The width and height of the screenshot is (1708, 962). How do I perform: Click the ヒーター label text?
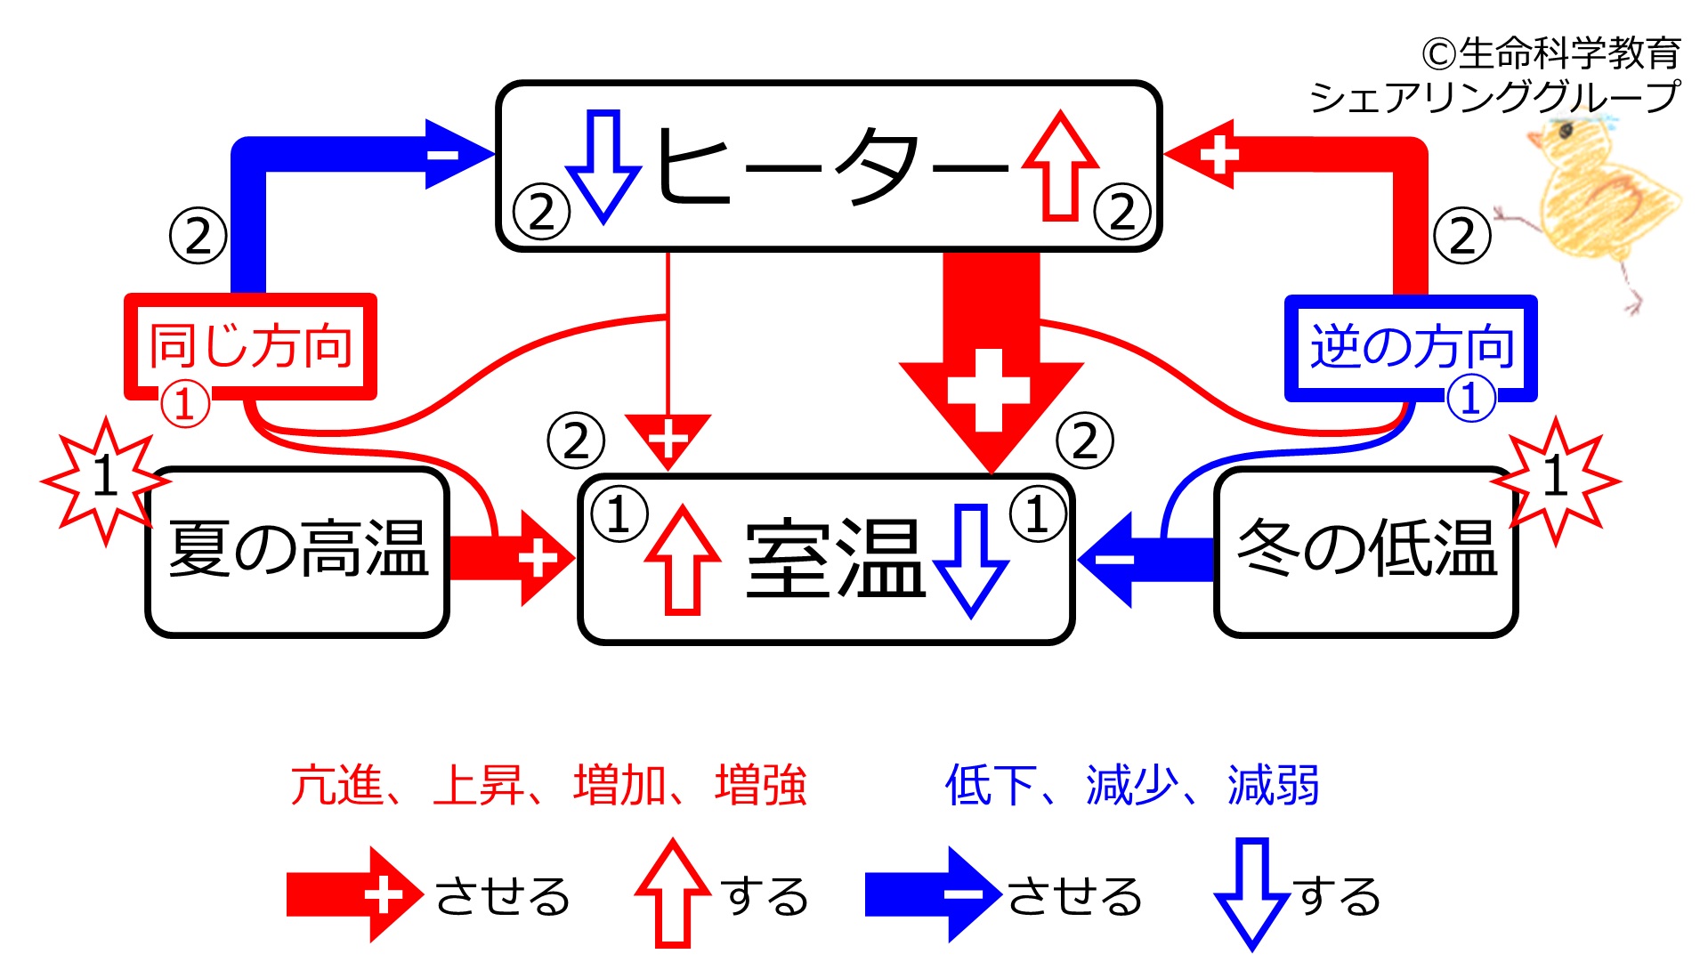click(x=832, y=167)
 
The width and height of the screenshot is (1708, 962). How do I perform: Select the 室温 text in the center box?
click(x=835, y=557)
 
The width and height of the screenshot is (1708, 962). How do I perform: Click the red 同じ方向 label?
click(x=251, y=346)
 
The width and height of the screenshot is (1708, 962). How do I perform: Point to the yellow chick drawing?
click(x=1593, y=209)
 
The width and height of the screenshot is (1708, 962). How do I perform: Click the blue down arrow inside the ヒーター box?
click(x=603, y=166)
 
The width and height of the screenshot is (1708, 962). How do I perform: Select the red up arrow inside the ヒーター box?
click(x=1060, y=166)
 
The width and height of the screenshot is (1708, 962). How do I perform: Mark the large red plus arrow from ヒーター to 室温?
click(x=992, y=363)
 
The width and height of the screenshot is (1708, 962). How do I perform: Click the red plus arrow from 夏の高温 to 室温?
click(x=512, y=559)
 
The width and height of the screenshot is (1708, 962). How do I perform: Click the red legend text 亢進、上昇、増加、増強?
click(x=548, y=785)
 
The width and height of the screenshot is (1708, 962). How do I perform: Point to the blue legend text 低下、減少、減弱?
click(x=1132, y=785)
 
